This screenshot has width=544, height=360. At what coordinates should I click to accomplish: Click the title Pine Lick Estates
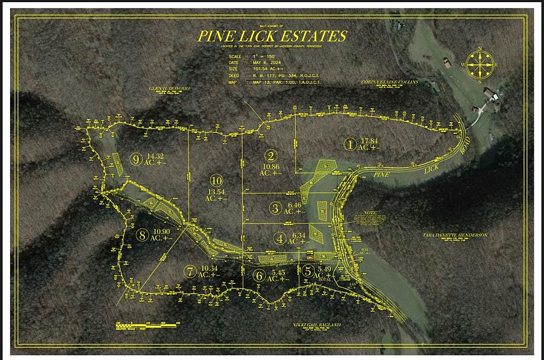[272, 36]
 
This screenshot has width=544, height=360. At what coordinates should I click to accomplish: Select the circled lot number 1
[350, 143]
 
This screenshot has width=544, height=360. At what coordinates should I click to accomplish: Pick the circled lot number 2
[271, 156]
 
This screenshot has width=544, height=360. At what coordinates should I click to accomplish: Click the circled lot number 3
[275, 208]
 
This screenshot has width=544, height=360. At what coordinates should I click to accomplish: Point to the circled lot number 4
[280, 238]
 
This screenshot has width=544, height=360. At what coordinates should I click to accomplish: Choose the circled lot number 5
[308, 270]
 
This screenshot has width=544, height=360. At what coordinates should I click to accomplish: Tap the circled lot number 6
[259, 276]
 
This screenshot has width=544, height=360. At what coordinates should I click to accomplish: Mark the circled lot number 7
[190, 271]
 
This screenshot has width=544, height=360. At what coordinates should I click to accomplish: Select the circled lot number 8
[141, 234]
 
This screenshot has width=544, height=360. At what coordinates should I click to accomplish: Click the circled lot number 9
[137, 158]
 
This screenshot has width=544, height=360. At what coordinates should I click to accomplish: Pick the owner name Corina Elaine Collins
[389, 82]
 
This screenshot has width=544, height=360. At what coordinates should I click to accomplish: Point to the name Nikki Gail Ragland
[316, 324]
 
